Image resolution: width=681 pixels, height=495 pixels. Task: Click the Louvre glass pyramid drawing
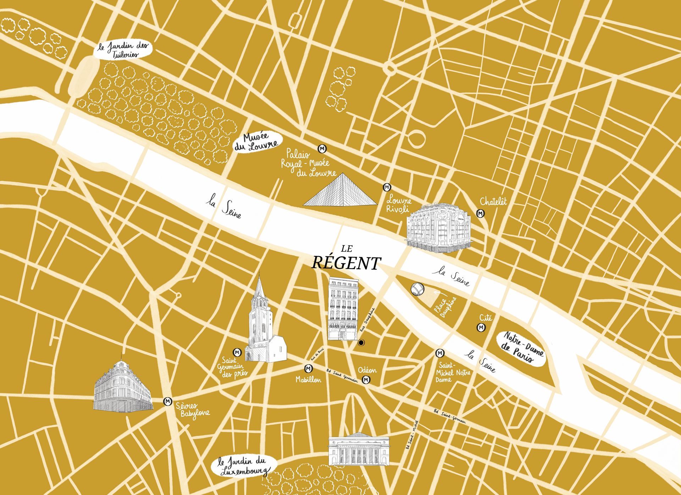340,191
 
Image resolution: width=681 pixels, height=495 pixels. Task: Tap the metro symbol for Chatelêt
481,214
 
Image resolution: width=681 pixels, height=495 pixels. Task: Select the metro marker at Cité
481,328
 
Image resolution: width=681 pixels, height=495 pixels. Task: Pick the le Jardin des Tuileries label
123,50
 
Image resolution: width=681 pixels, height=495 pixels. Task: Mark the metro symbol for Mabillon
307,369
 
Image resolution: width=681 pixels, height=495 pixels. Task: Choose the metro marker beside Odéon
366,380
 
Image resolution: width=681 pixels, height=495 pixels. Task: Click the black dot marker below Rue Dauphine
361,343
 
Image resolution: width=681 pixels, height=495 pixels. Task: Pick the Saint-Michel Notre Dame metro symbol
440,353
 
